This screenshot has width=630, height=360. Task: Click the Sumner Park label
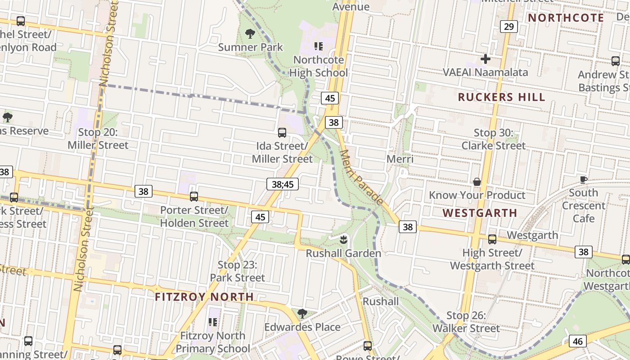251,47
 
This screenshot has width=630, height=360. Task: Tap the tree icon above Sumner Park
250,33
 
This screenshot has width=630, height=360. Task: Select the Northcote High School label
319,66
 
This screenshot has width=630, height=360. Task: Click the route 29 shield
508,27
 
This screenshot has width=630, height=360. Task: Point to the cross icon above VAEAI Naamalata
485,58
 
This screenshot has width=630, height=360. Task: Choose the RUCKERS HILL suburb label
501,97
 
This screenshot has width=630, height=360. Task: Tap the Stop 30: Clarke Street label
493,139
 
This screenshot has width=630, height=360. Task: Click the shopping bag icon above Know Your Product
477,182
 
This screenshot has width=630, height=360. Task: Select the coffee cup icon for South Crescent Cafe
584,180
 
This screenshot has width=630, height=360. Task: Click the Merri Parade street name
361,177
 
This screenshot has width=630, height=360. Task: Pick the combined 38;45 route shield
283,184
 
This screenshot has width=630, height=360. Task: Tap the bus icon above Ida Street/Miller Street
282,133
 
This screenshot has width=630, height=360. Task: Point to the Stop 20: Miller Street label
98,139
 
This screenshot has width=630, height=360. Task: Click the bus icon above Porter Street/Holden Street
194,197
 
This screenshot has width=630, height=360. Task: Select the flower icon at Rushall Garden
344,240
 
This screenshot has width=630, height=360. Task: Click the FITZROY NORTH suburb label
204,297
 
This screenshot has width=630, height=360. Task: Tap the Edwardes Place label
302,327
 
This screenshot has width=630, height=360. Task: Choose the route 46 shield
578,341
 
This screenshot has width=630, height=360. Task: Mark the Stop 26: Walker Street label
466,322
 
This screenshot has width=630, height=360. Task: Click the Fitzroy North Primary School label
213,342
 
